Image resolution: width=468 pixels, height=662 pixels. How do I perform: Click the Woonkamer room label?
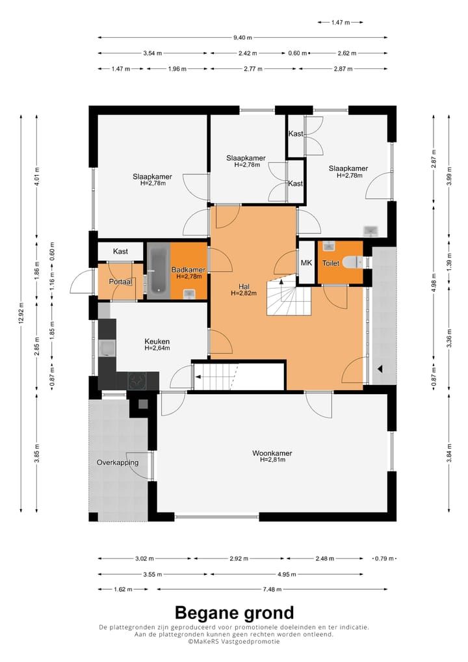(x=272, y=453)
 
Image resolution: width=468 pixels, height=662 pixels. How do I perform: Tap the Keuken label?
(x=157, y=341)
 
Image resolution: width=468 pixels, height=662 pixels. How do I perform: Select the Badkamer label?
(x=188, y=270)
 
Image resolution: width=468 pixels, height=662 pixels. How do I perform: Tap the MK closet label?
(x=306, y=263)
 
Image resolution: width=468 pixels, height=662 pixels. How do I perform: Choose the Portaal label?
(x=121, y=282)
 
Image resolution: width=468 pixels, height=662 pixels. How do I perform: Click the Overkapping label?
(x=118, y=462)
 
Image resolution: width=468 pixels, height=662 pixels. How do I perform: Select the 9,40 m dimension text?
(x=242, y=38)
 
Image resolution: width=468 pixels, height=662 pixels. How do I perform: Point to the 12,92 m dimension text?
(x=21, y=313)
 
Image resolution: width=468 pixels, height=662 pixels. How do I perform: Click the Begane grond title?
(x=234, y=613)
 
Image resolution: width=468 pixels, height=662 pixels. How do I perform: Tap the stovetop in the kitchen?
(x=138, y=381)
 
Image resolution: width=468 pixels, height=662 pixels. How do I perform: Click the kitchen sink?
(x=107, y=349)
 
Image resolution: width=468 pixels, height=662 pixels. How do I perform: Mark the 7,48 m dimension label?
(x=272, y=589)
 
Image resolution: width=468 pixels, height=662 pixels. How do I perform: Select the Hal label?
(x=244, y=287)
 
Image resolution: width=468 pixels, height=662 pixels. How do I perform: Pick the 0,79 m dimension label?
(x=384, y=559)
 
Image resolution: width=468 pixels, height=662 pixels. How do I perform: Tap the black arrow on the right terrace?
(x=380, y=369)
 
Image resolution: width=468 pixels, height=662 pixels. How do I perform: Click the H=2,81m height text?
(x=272, y=460)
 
